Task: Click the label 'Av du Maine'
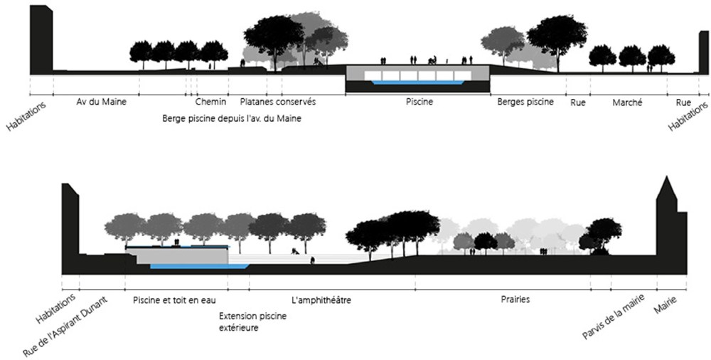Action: click(101, 102)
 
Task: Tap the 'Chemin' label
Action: click(210, 102)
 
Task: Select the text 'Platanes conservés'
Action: click(277, 102)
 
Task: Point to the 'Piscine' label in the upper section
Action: click(419, 102)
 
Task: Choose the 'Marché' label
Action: click(627, 102)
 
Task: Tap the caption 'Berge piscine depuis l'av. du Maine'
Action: click(232, 119)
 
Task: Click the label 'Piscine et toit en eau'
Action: click(176, 300)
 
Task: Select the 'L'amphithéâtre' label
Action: click(321, 300)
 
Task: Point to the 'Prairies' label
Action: click(515, 300)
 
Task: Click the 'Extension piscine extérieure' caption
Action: click(252, 322)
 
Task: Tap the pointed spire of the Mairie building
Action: click(667, 186)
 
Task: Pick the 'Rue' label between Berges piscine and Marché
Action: click(577, 102)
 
